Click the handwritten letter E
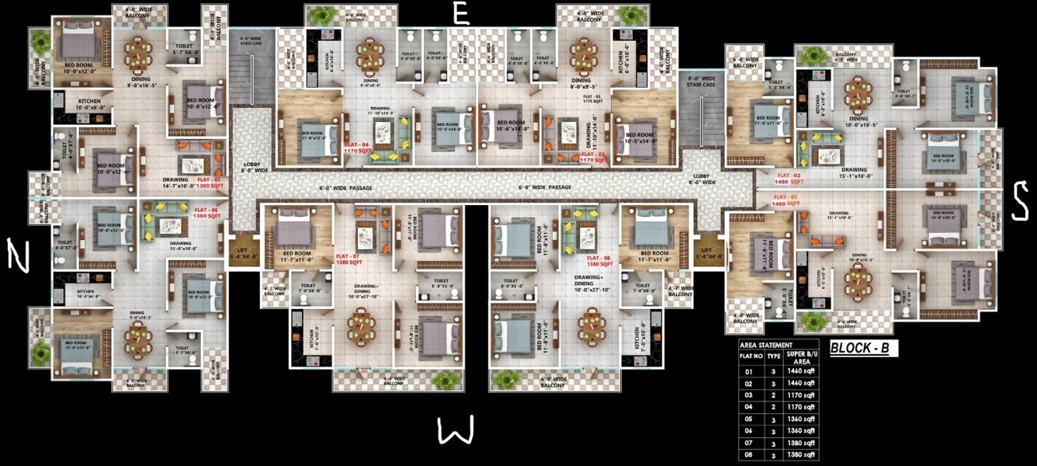460,15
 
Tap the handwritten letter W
454,430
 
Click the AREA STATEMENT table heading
766,345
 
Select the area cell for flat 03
803,395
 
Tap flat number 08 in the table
748,454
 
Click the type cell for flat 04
773,406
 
